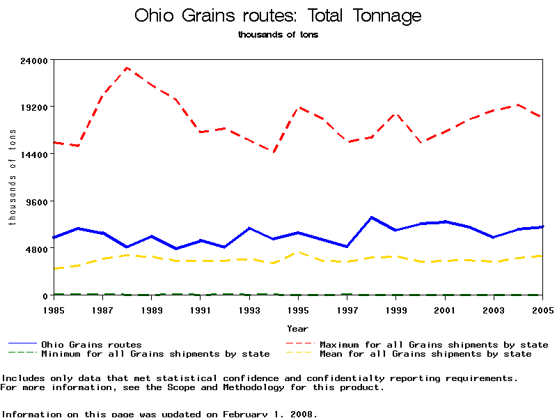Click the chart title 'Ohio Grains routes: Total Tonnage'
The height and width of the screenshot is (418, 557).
click(x=278, y=15)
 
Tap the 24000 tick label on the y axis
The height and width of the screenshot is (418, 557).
click(x=33, y=60)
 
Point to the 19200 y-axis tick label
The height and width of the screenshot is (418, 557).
click(x=33, y=107)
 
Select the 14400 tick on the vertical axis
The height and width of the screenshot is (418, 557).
click(x=33, y=154)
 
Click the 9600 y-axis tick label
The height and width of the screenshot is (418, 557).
click(x=36, y=201)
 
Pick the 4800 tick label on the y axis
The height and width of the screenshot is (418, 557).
click(x=36, y=249)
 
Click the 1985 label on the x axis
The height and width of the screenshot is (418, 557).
click(x=54, y=309)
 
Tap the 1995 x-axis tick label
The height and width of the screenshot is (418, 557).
click(x=298, y=309)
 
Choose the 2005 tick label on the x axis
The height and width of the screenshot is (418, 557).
click(x=542, y=309)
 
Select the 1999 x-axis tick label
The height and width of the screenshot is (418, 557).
click(x=396, y=309)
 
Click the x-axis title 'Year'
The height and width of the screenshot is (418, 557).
click(x=298, y=328)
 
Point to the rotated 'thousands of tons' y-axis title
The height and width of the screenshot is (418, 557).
click(x=12, y=178)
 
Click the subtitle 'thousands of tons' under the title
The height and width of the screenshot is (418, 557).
click(x=278, y=34)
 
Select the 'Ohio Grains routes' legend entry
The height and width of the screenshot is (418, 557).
click(x=91, y=344)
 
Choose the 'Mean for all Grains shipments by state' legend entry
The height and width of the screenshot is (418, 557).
click(x=425, y=354)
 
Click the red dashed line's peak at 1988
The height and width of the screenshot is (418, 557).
click(x=127, y=68)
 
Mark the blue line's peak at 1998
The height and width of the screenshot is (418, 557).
click(x=372, y=217)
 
